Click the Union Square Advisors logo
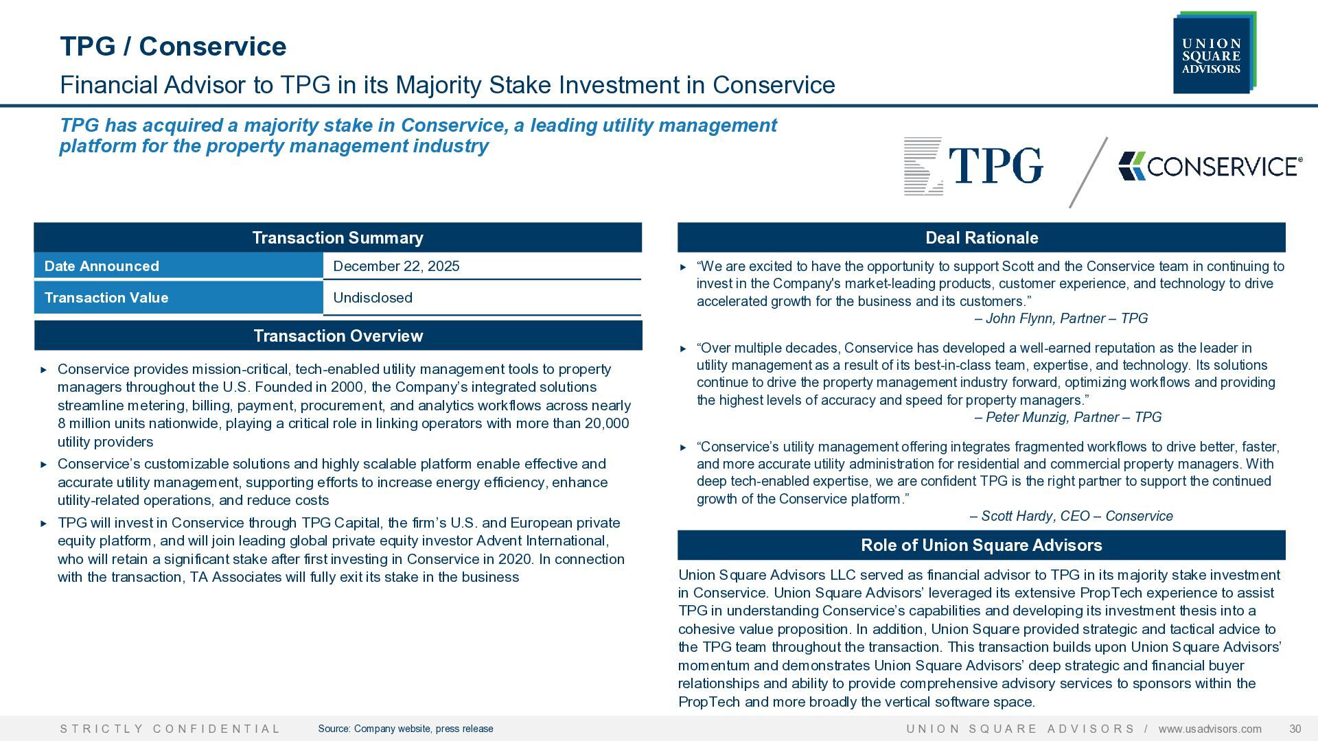[x=1214, y=53]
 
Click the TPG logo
[x=973, y=167]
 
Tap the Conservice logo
[x=1210, y=166]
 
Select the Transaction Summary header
[x=338, y=237]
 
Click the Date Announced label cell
[x=178, y=266]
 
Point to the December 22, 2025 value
[x=396, y=266]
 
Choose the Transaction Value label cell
[x=178, y=298]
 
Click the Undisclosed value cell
[x=482, y=298]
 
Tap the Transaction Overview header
[x=338, y=336]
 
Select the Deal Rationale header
[x=982, y=237]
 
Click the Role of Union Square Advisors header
[x=982, y=545]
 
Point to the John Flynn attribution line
[x=1061, y=318]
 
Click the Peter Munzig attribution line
[x=1068, y=417]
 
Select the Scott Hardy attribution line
[x=1071, y=516]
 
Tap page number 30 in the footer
[x=1295, y=729]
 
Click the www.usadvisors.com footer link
[x=1210, y=729]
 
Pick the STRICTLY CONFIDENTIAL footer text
[x=170, y=729]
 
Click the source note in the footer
[x=406, y=729]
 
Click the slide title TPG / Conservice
[x=173, y=46]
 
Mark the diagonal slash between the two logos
[x=1089, y=172]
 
